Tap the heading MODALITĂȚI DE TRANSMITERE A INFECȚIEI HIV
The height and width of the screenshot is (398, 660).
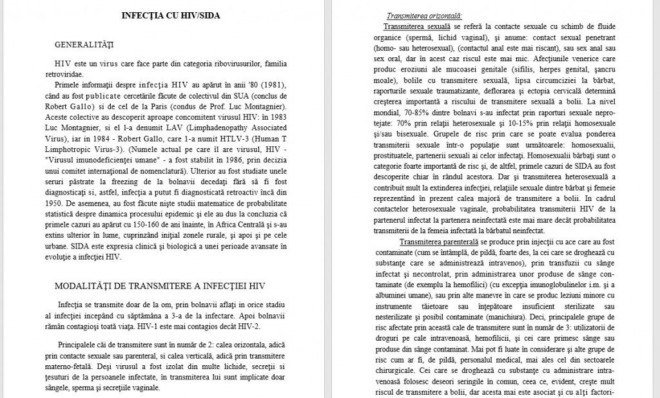159,286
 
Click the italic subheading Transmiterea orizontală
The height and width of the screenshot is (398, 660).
425,16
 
